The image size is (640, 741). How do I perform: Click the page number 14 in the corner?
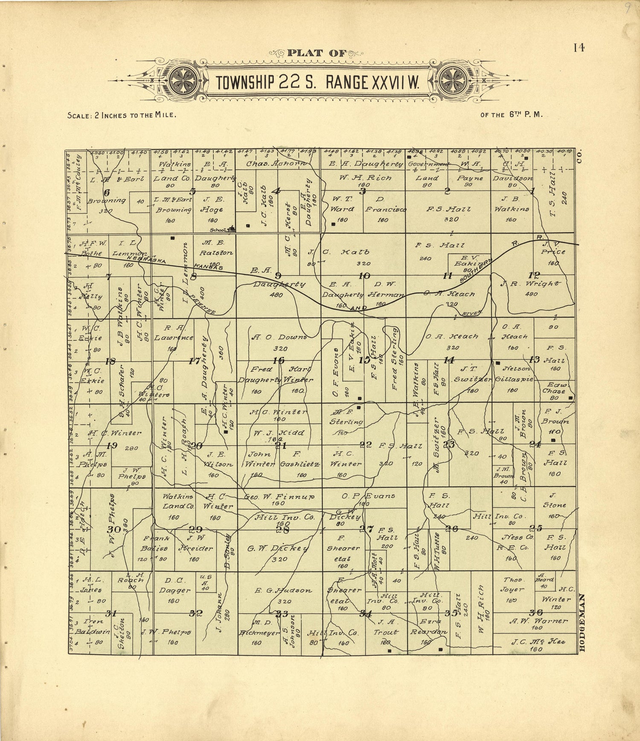coord(579,48)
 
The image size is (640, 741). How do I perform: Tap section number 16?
coord(279,360)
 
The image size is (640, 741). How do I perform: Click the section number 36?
coord(535,613)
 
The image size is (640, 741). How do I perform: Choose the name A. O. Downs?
coord(279,337)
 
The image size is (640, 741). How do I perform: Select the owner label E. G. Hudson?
coord(284,590)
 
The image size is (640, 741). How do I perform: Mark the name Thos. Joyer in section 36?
coord(513,584)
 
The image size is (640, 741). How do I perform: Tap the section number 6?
coord(107,192)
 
